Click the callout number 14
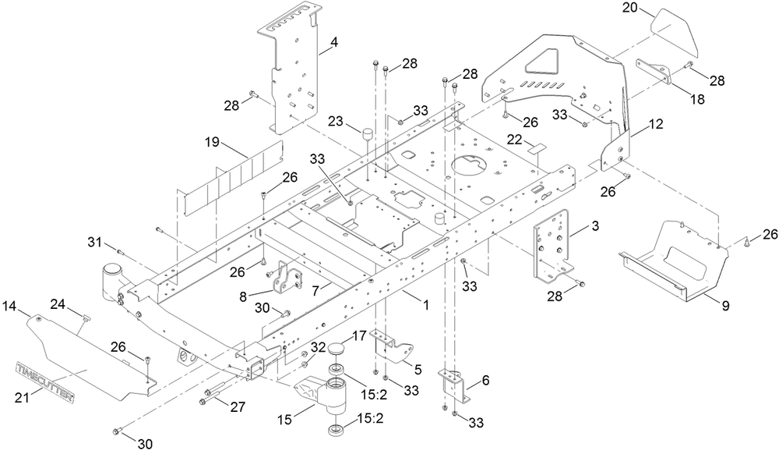10,303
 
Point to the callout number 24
58,303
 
